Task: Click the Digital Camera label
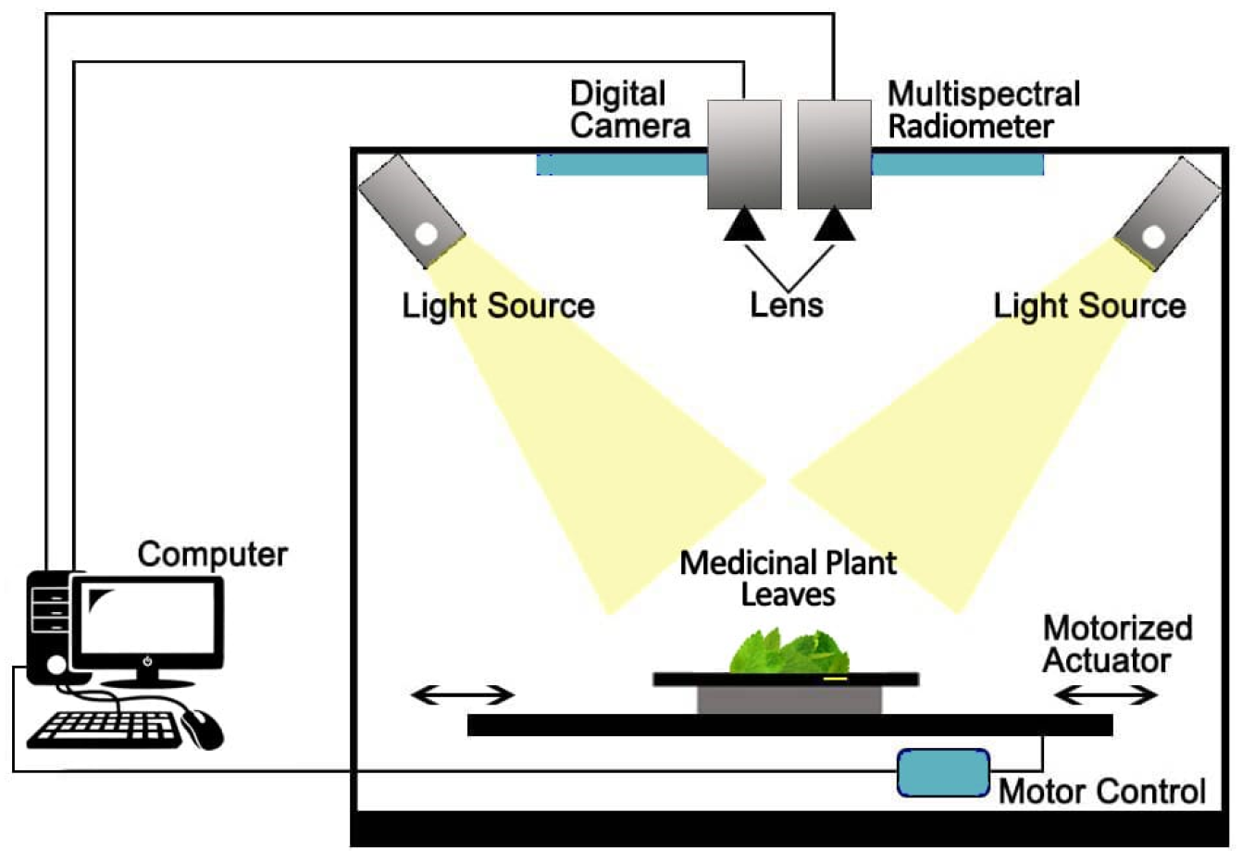(x=629, y=109)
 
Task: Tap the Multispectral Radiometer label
(x=983, y=109)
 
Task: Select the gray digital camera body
(x=744, y=154)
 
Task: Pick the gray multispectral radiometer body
(x=834, y=154)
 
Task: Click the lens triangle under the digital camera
(x=745, y=225)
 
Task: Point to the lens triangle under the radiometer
(x=834, y=225)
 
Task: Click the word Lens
(x=787, y=305)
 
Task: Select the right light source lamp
(x=1168, y=213)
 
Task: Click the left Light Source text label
(x=498, y=306)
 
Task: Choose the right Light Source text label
(x=1089, y=306)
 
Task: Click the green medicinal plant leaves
(x=789, y=652)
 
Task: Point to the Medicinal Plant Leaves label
(x=789, y=578)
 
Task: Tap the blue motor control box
(x=943, y=773)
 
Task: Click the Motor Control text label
(x=1101, y=792)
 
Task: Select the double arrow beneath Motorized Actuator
(x=1106, y=694)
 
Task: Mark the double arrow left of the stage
(x=462, y=694)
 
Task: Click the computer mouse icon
(x=204, y=729)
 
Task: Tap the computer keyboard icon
(x=105, y=729)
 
